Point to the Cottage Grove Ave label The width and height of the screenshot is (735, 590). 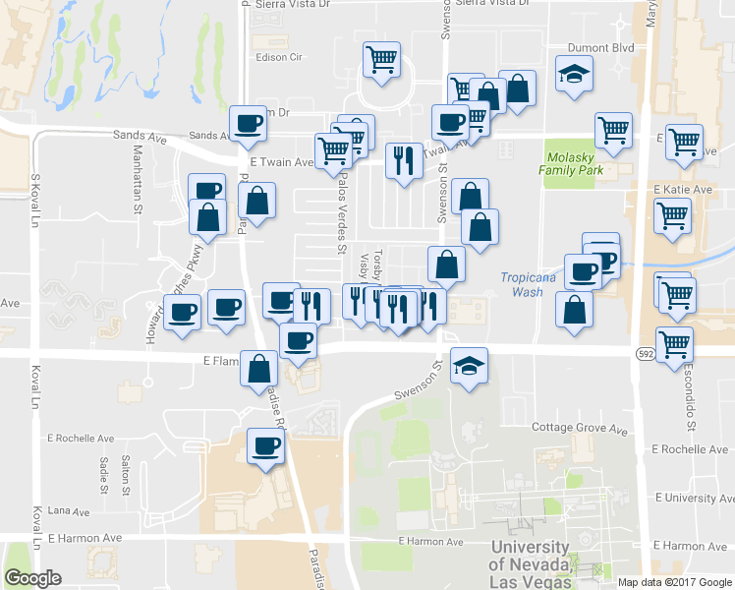point(579,430)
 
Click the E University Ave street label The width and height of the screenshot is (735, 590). point(692,499)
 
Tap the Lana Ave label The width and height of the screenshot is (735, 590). point(68,511)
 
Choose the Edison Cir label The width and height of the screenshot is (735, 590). point(278,57)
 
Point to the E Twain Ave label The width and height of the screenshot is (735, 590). point(281,161)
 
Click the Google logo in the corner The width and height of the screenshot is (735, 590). point(32,578)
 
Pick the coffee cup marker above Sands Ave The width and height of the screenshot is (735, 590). point(248,124)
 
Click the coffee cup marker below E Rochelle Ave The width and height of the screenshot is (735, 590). point(264,446)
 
